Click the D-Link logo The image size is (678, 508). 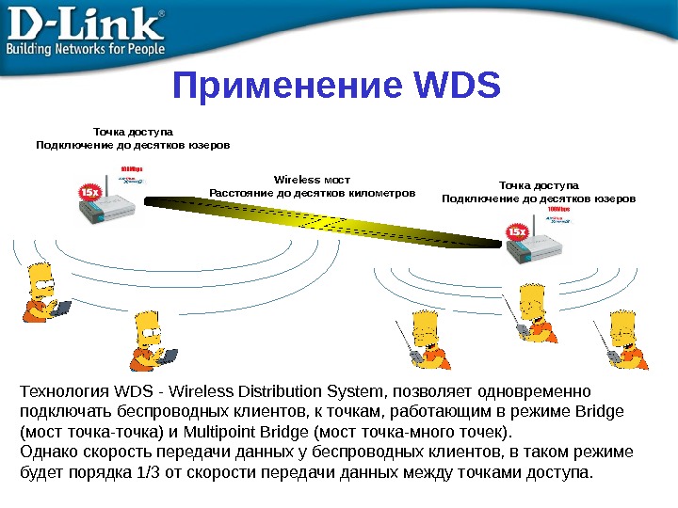coord(85,22)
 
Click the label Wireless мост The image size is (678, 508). coord(311,178)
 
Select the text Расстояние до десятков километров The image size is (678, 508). coord(312,193)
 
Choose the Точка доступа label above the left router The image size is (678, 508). coord(132,132)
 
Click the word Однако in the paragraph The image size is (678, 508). coord(48,452)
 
